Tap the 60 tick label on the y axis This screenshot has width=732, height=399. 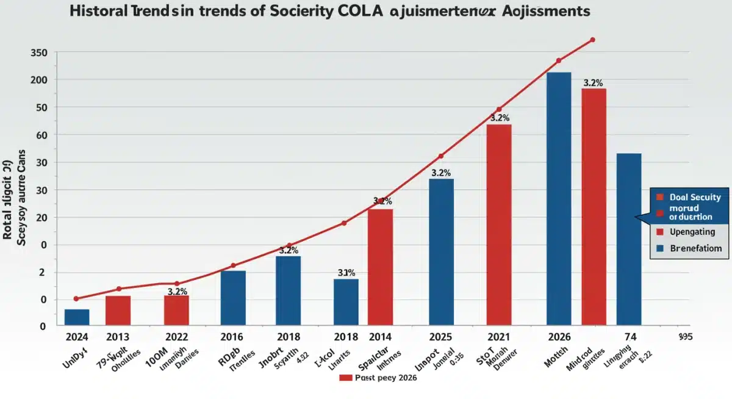38,135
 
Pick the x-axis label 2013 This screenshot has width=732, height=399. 118,337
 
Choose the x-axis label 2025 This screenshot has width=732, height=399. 441,337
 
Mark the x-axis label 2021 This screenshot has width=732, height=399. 499,337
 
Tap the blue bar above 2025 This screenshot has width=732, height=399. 441,252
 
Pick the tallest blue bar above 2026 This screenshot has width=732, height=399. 559,199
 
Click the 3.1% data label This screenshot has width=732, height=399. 346,273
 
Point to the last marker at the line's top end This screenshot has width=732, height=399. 592,40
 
